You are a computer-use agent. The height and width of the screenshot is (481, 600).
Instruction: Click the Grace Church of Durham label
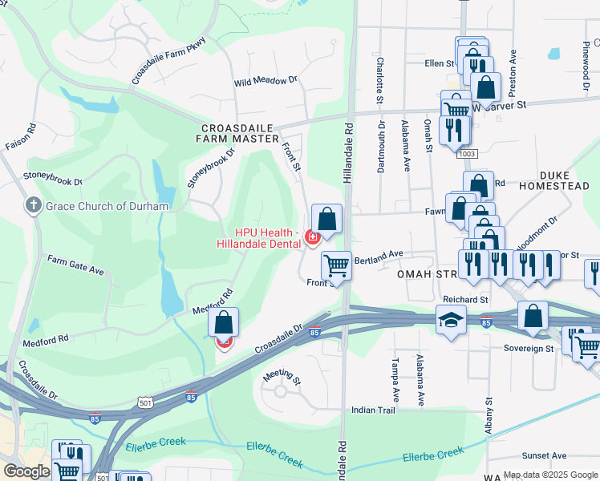(x=107, y=206)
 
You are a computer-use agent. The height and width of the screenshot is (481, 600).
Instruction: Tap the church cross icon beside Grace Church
(x=34, y=206)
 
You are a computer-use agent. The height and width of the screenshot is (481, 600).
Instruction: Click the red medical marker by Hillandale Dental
(x=312, y=236)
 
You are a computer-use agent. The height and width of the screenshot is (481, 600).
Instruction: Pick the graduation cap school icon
(x=451, y=321)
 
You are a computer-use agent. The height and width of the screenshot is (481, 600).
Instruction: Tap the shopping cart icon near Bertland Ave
(x=336, y=265)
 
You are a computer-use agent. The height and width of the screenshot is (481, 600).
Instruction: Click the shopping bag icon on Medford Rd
(x=224, y=323)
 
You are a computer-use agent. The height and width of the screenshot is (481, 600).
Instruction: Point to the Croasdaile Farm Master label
(x=237, y=132)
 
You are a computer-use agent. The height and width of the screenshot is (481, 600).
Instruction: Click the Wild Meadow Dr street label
(x=266, y=82)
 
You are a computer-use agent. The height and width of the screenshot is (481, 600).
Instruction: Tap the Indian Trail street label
(x=374, y=410)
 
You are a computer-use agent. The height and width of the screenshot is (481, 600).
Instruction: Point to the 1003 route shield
(x=467, y=153)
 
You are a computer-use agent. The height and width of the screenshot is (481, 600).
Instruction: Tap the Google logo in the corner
(x=26, y=471)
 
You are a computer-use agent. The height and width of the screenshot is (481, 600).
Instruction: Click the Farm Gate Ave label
(x=75, y=265)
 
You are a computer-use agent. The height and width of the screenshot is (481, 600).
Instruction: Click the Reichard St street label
(x=466, y=299)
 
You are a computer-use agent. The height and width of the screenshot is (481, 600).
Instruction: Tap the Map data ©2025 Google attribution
(x=550, y=475)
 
